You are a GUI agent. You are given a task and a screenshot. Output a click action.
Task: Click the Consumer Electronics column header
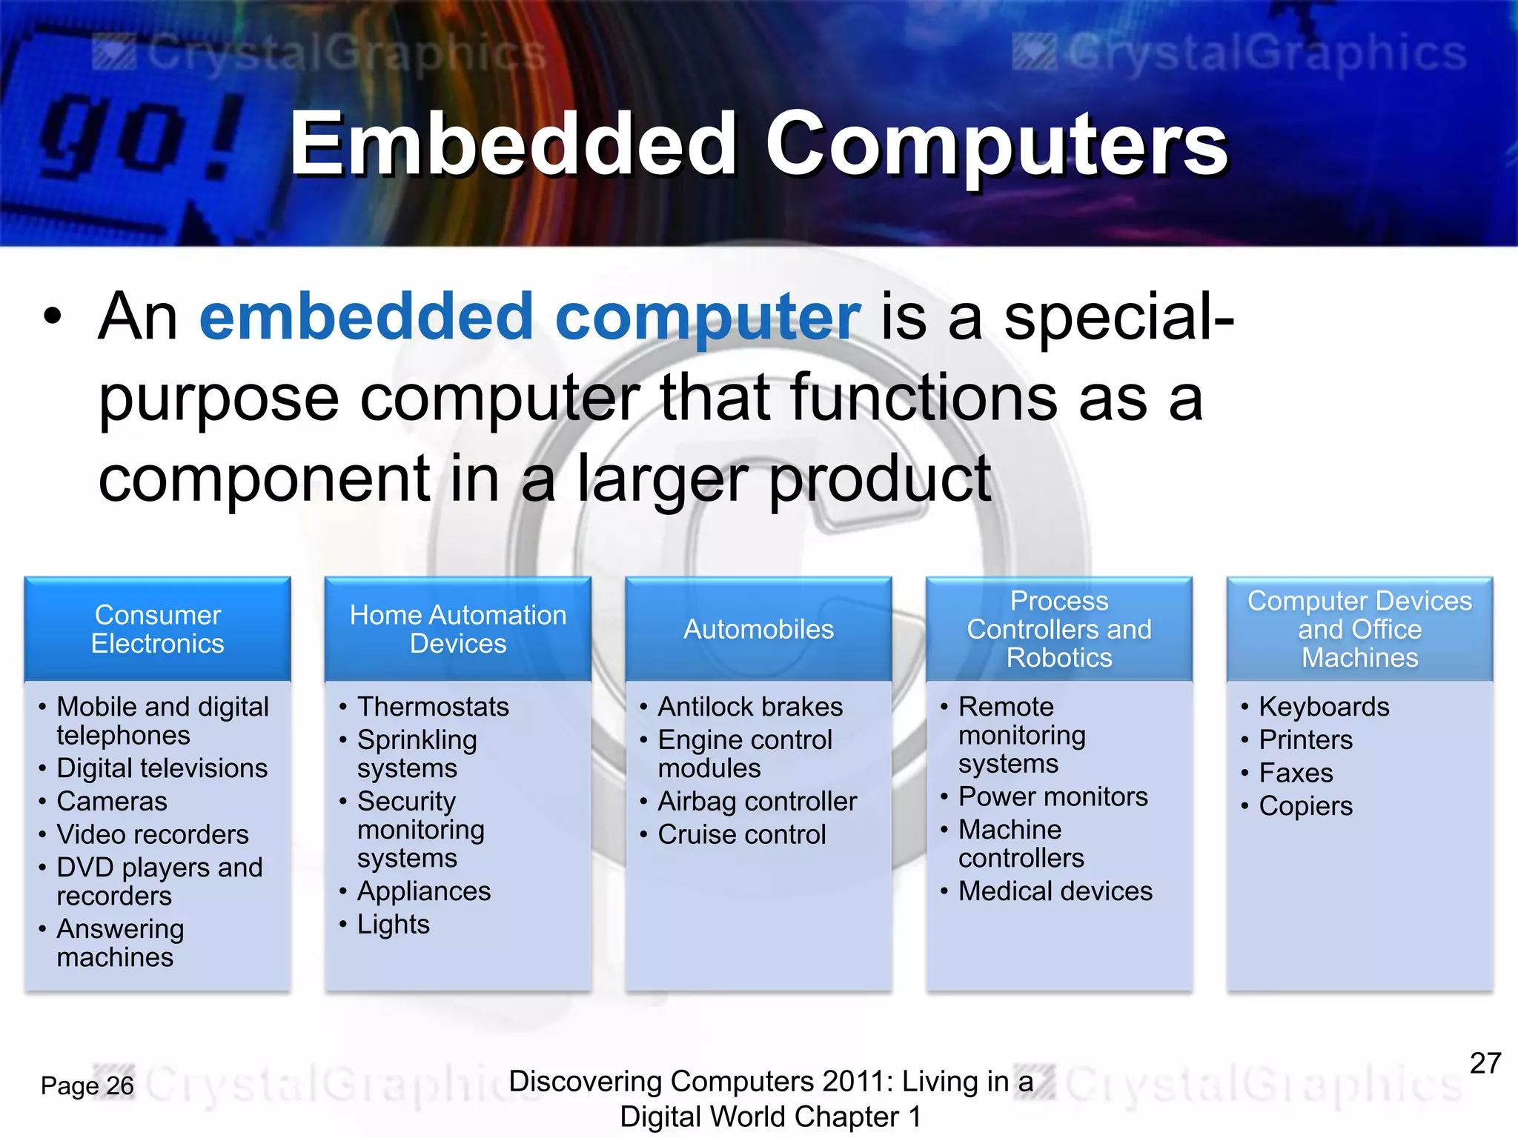tap(157, 629)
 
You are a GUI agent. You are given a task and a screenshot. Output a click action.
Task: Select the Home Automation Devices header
tap(458, 629)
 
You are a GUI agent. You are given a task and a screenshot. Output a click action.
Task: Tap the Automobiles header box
tap(758, 629)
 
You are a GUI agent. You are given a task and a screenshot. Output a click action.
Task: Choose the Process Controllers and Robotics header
tap(1059, 629)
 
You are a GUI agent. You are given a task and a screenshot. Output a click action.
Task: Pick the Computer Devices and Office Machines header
tap(1359, 629)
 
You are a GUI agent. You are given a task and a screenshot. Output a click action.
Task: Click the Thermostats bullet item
tap(433, 707)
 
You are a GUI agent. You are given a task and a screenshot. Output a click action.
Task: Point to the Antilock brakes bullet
tap(750, 707)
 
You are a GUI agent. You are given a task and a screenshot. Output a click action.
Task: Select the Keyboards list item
tap(1324, 707)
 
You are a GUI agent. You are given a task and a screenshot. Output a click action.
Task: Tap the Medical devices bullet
tap(1055, 891)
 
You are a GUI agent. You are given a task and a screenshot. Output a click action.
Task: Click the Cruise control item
tap(741, 835)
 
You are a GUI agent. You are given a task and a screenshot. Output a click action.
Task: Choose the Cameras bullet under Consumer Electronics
tap(112, 802)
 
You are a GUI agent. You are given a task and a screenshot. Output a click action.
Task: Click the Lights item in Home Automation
tap(393, 925)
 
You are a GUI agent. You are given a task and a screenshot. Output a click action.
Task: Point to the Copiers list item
tap(1305, 806)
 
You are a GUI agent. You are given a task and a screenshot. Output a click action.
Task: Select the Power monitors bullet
tap(1053, 797)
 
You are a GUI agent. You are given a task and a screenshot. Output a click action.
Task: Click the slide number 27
tap(1485, 1064)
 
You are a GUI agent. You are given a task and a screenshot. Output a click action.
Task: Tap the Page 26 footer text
tap(87, 1086)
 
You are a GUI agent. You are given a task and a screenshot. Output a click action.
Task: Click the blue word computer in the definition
tap(707, 317)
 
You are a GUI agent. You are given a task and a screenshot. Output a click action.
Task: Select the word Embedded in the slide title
tap(512, 144)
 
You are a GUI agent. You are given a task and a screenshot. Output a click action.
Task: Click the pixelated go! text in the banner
tap(141, 137)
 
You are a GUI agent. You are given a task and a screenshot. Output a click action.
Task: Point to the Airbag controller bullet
tap(757, 802)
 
